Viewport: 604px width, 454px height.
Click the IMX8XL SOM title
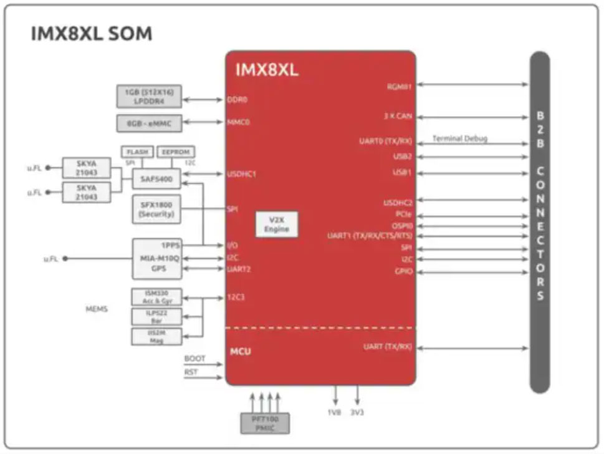coord(91,33)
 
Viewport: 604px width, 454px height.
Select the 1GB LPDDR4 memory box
coord(149,97)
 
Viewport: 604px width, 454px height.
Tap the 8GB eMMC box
coord(149,123)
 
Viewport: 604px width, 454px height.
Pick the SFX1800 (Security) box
coord(155,210)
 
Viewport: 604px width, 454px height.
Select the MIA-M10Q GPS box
coord(156,258)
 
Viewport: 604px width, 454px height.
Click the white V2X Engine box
coord(276,225)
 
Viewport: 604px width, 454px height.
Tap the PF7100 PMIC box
coord(265,423)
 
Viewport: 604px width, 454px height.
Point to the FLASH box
coord(137,152)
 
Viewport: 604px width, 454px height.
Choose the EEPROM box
coord(175,152)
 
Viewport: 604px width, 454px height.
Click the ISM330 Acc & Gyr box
coord(156,296)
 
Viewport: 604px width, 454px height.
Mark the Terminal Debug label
coord(459,138)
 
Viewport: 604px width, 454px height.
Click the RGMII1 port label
coord(399,87)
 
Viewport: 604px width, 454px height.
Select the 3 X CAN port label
coord(398,117)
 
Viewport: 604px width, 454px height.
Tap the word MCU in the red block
coord(241,351)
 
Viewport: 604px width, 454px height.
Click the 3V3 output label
coord(358,413)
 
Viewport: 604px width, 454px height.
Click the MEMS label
coord(96,309)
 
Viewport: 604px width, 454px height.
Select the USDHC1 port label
coord(241,174)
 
